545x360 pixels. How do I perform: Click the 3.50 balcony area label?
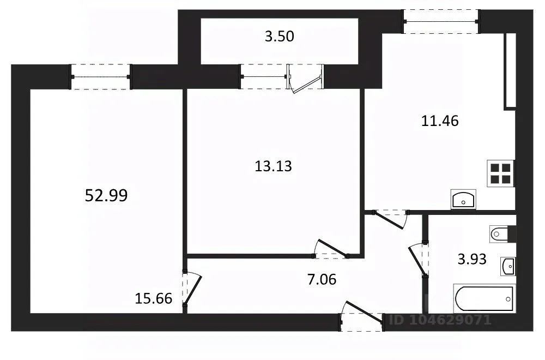[280, 37]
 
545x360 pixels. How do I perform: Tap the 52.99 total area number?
[106, 195]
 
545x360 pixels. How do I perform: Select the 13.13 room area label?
[273, 166]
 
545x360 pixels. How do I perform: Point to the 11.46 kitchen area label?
[440, 121]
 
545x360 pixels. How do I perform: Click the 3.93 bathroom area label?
[471, 259]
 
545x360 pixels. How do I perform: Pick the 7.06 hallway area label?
[322, 279]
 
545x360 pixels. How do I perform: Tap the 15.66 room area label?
[153, 298]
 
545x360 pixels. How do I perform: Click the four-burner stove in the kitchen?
[501, 173]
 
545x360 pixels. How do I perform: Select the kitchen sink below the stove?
[463, 199]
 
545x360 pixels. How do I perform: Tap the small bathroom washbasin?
[508, 267]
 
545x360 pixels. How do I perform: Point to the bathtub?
[484, 298]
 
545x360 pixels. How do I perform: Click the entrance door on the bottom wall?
[362, 316]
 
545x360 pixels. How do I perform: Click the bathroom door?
[418, 260]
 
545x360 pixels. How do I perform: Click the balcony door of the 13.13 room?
[305, 79]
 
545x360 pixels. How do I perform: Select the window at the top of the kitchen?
[441, 22]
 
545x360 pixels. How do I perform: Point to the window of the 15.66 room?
[100, 77]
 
